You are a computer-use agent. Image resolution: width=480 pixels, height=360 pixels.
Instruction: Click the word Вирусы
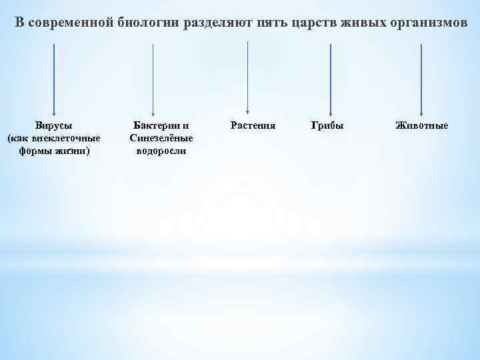54,125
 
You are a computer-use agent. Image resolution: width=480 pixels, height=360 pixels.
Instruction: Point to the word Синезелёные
161,138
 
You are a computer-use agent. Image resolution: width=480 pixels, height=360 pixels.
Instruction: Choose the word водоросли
161,151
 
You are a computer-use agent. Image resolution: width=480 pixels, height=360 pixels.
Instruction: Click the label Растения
253,125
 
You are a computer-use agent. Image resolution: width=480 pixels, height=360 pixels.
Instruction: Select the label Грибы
328,125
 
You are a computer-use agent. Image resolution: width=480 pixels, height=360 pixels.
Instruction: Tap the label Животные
421,125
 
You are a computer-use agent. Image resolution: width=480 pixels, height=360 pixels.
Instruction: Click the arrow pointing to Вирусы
54,80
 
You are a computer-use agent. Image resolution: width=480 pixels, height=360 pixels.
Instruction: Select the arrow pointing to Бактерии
153,80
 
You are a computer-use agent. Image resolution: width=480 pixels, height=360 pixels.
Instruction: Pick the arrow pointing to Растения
248,79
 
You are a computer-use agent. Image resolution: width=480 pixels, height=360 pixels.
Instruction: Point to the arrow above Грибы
331,80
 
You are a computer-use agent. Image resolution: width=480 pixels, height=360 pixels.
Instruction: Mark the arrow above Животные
421,80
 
